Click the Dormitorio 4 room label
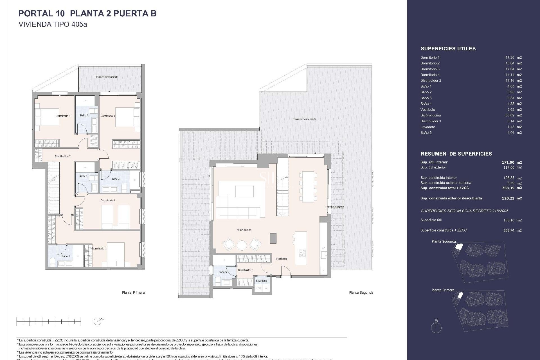[x=63, y=116]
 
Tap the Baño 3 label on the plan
[x=115, y=179]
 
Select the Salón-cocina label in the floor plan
[x=244, y=230]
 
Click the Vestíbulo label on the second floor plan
[x=281, y=258]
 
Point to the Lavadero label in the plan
[x=261, y=281]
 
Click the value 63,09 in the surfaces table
[x=510, y=115]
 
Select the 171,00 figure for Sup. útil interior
[x=508, y=162]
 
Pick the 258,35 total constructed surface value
[x=508, y=188]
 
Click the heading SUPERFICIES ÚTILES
[x=448, y=49]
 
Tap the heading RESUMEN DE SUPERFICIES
[x=456, y=154]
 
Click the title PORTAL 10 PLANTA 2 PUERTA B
[x=87, y=13]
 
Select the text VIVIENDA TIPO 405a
[x=53, y=24]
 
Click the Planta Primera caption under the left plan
[x=133, y=292]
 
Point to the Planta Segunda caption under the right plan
[x=361, y=292]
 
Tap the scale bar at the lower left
[x=48, y=321]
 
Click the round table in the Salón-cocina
[x=242, y=245]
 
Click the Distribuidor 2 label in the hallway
[x=62, y=156]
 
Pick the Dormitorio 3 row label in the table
[x=430, y=69]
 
